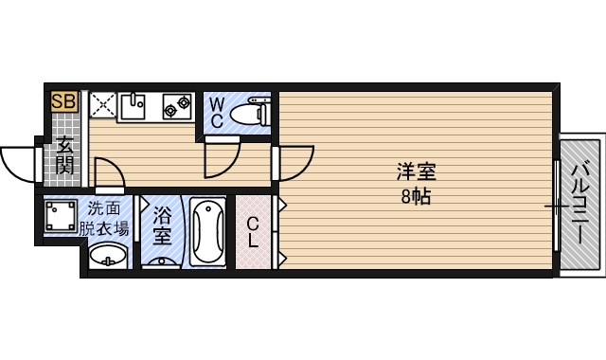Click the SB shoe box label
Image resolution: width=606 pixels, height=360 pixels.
(x=64, y=100)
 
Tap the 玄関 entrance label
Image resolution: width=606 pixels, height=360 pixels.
(x=64, y=156)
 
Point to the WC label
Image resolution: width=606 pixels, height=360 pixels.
(x=216, y=111)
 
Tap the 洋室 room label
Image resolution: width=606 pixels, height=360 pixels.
(x=416, y=172)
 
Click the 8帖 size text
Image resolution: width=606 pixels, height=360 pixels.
(x=416, y=197)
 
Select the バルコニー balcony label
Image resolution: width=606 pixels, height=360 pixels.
(x=579, y=207)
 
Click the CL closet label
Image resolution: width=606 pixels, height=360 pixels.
(x=253, y=232)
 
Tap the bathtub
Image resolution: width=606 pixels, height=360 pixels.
(x=206, y=232)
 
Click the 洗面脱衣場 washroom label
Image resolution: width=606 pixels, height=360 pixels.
(x=105, y=218)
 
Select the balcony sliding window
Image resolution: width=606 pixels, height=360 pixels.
(x=556, y=206)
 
